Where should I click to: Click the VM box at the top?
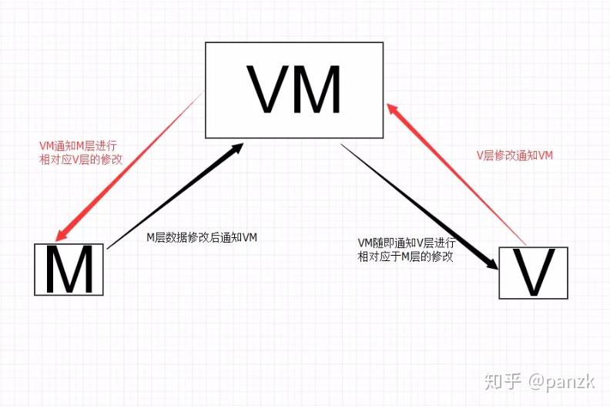(293, 89)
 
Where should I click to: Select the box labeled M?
(69, 269)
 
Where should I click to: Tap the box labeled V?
(534, 273)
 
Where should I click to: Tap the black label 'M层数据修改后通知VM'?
(202, 238)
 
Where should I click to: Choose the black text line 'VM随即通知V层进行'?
(406, 243)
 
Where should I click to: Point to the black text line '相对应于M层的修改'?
(405, 256)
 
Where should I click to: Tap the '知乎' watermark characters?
(502, 380)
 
